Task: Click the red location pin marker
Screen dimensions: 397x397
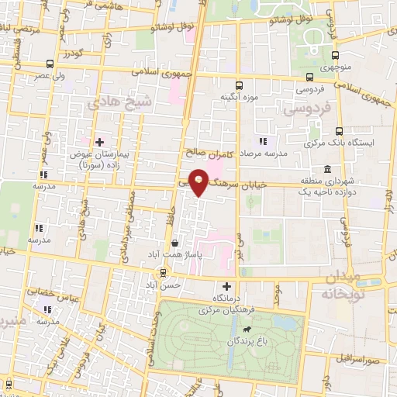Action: tap(199, 181)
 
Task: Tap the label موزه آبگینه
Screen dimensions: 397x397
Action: tap(238, 97)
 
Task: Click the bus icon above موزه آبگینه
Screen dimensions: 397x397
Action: tap(238, 85)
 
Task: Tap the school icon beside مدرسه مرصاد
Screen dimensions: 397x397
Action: tap(262, 141)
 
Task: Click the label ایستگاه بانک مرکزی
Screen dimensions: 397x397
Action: tap(357, 143)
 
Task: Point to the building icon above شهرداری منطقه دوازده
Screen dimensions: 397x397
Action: tap(328, 168)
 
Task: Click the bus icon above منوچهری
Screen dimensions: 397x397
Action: tap(335, 55)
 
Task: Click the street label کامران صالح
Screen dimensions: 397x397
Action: tap(204, 152)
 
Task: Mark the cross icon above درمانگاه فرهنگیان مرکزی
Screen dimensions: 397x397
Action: tap(227, 287)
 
